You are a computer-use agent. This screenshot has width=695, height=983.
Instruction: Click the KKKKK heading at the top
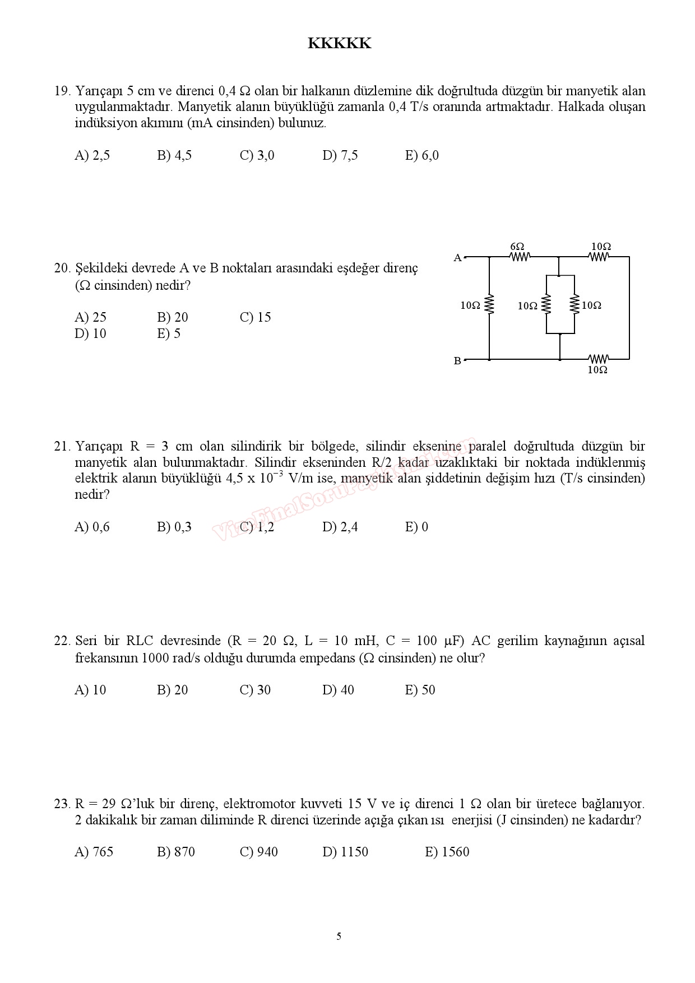339,44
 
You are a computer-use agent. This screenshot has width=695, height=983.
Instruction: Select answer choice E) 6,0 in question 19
421,155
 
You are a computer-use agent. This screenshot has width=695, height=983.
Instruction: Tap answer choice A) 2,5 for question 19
92,155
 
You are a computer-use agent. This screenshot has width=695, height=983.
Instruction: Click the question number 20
61,268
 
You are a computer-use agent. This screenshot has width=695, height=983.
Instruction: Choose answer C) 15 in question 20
255,317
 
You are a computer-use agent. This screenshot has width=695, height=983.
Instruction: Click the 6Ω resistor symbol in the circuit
520,257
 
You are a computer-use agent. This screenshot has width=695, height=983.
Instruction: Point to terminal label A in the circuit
457,258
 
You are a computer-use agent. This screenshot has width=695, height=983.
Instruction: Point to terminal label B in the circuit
457,361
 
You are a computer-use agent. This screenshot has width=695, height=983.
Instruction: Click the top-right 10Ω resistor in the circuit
599,257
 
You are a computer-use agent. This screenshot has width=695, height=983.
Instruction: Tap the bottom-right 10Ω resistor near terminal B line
599,359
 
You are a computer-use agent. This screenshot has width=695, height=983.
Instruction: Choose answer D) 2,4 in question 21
340,527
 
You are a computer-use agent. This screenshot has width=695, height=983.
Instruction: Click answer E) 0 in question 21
416,527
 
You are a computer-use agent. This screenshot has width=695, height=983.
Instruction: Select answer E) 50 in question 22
420,690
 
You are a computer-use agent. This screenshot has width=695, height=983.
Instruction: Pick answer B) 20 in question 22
172,690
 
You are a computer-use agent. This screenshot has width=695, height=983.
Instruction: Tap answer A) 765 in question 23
94,852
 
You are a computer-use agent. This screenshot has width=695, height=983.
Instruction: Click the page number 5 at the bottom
339,936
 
